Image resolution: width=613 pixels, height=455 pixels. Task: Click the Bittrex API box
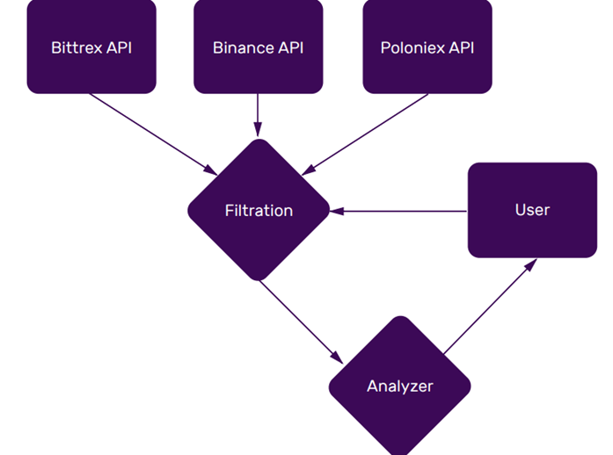tap(91, 47)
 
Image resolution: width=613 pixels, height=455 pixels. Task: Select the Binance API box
tap(258, 47)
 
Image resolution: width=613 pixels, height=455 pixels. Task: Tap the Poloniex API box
tap(427, 47)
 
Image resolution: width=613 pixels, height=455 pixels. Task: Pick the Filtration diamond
tap(259, 211)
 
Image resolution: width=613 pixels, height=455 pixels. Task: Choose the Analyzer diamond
tap(400, 386)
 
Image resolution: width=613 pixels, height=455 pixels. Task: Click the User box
tap(532, 210)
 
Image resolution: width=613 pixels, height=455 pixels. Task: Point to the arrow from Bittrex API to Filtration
tap(154, 133)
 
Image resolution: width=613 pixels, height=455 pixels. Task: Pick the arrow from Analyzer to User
tap(489, 307)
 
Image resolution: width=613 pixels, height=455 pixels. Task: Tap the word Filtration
tap(259, 211)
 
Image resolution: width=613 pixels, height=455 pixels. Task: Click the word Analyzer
tap(400, 386)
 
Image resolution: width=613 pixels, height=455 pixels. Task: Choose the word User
tap(532, 210)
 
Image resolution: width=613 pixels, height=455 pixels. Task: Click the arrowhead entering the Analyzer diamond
tap(339, 357)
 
